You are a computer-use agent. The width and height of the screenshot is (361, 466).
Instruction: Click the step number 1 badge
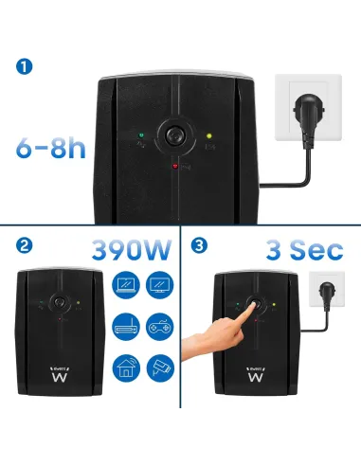point(25,66)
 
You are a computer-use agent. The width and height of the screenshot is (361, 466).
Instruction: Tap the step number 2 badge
point(25,246)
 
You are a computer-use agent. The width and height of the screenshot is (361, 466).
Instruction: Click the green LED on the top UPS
point(139,134)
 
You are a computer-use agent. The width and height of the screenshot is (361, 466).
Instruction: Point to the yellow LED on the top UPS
point(208,134)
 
